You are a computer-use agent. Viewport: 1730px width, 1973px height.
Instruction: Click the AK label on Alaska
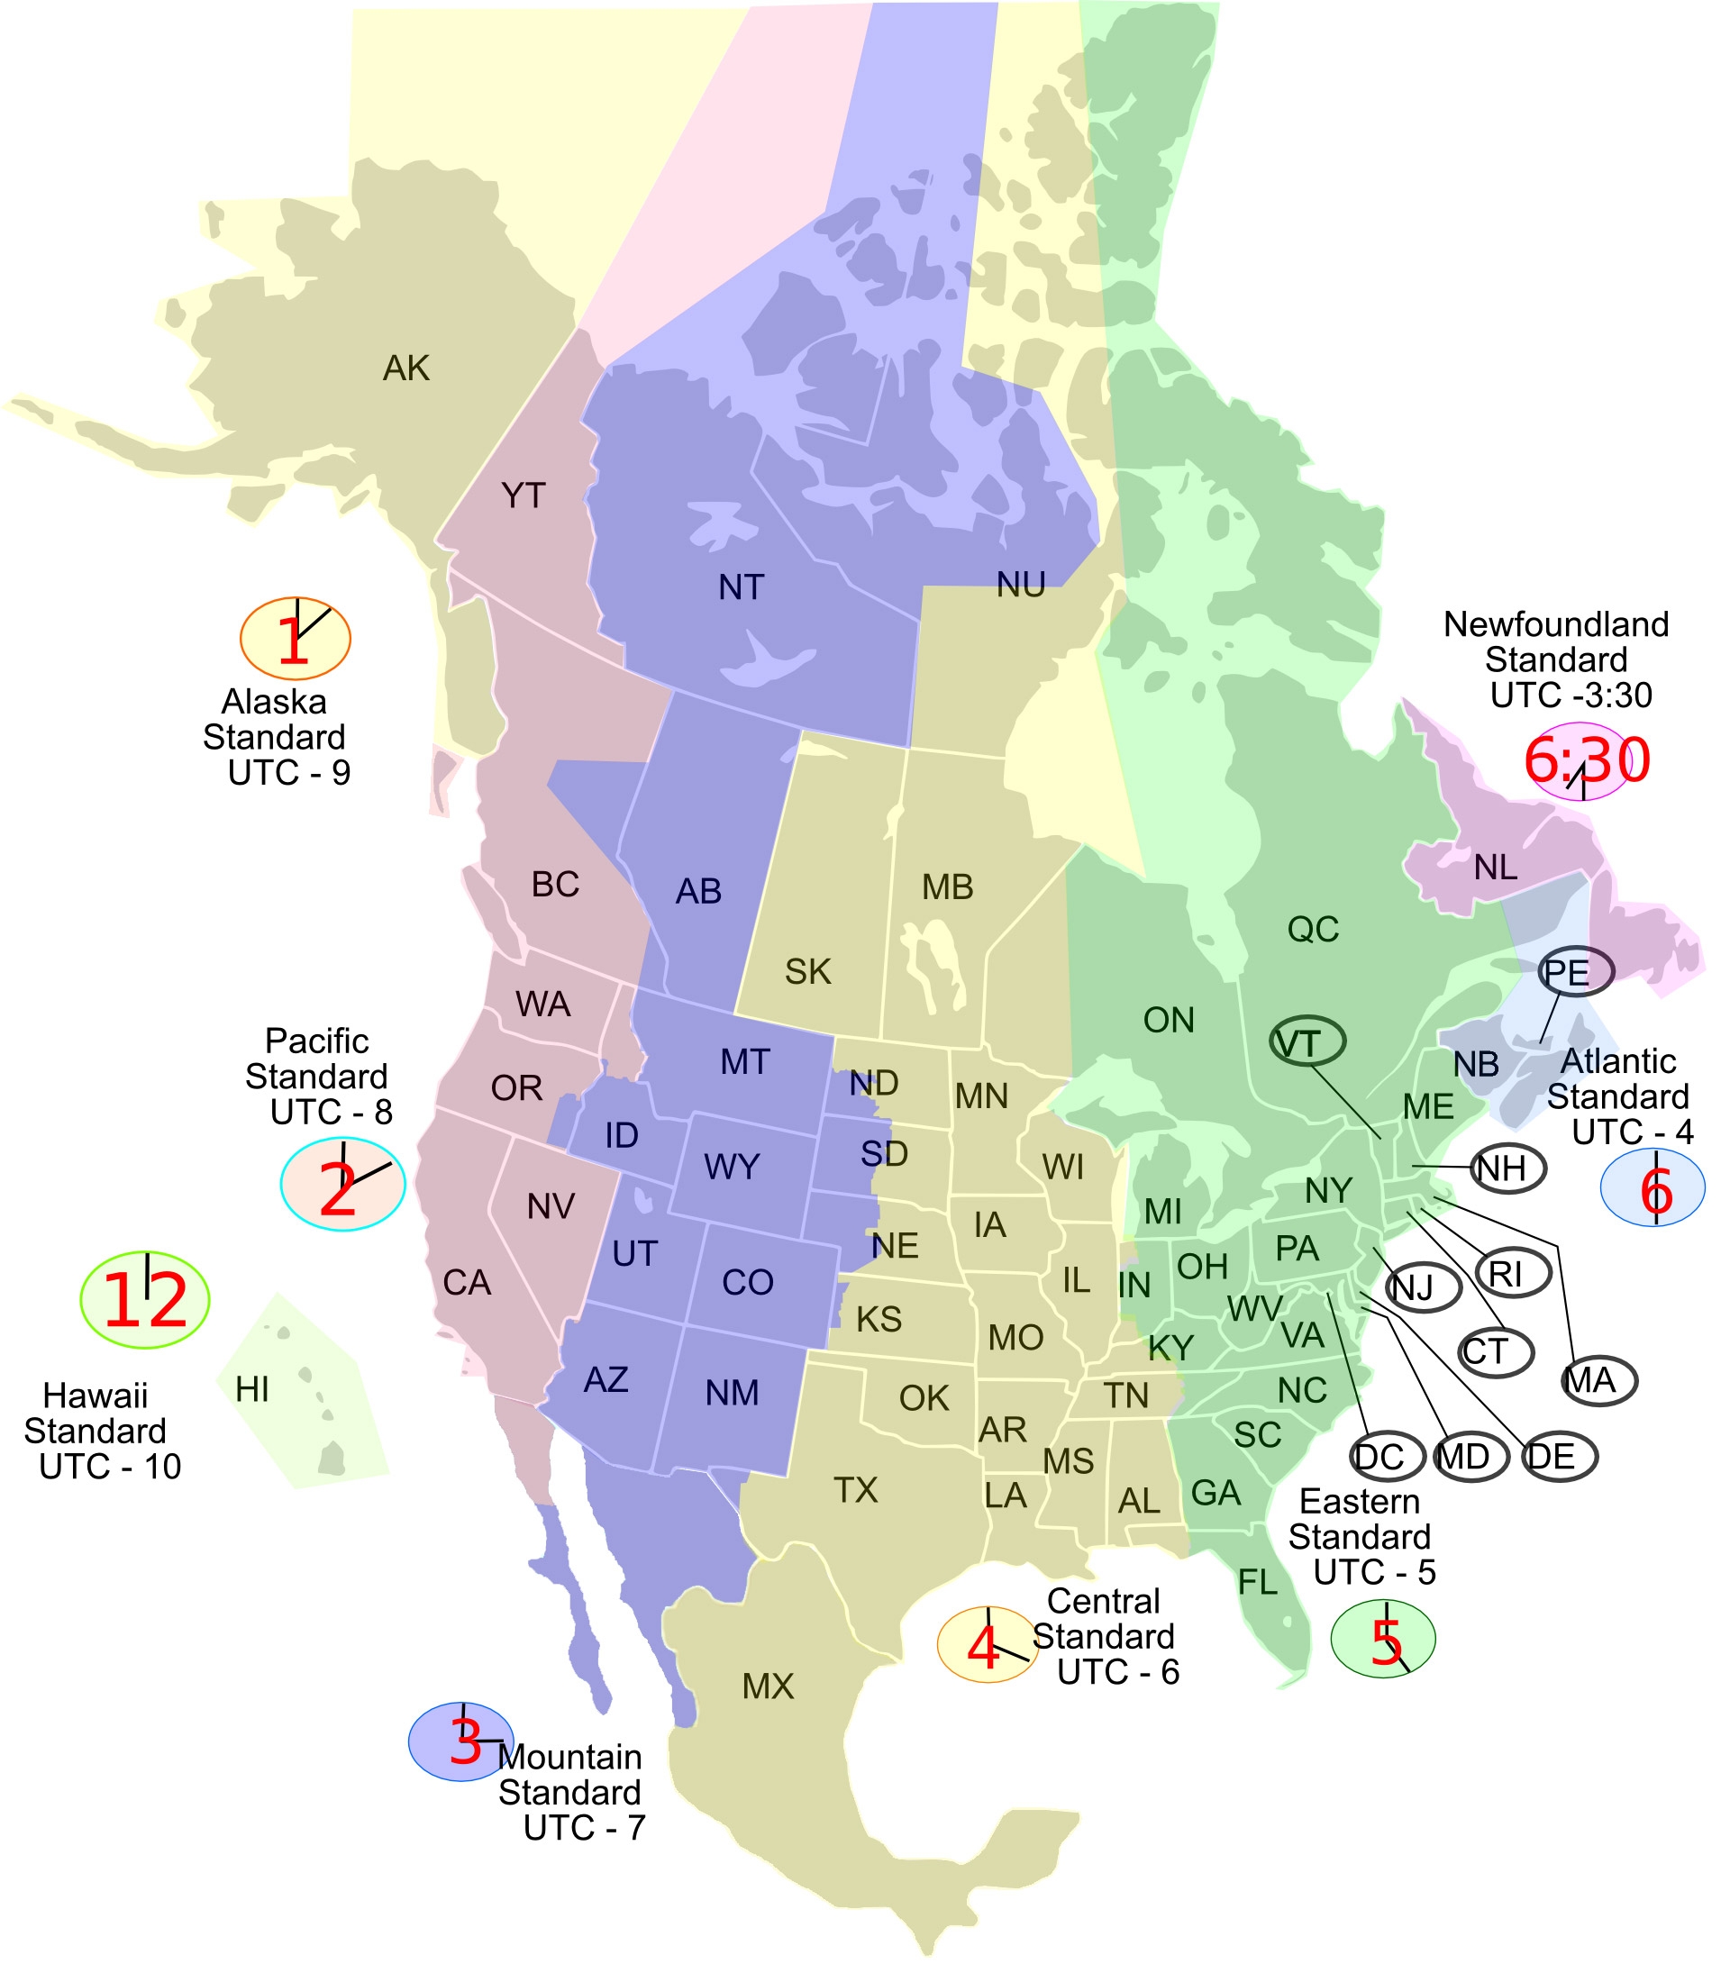(x=406, y=368)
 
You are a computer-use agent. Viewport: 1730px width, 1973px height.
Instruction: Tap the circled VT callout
(x=1307, y=1043)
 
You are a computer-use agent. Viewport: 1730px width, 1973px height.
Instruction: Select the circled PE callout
(x=1576, y=972)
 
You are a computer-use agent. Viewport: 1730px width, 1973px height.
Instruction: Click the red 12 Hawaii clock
(x=145, y=1300)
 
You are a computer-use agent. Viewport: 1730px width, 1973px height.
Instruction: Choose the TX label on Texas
(x=855, y=1490)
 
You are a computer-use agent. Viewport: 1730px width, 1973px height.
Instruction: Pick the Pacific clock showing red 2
(x=342, y=1186)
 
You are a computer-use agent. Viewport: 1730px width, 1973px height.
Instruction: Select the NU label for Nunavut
(x=1020, y=585)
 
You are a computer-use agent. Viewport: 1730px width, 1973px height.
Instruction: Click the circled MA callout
(x=1598, y=1381)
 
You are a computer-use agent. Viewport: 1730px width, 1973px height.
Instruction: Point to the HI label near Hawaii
(x=252, y=1390)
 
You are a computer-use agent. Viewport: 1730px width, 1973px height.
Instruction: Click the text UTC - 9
(x=288, y=773)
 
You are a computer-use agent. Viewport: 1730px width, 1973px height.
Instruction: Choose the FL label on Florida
(x=1258, y=1582)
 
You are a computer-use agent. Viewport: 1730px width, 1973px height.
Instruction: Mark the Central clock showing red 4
(x=987, y=1646)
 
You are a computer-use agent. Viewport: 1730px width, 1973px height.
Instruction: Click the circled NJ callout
(x=1422, y=1287)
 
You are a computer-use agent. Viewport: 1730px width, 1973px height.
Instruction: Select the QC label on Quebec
(x=1313, y=930)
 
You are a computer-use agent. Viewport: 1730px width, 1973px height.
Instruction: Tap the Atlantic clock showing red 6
(x=1652, y=1188)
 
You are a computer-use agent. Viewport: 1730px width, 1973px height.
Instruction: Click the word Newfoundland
(x=1555, y=624)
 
